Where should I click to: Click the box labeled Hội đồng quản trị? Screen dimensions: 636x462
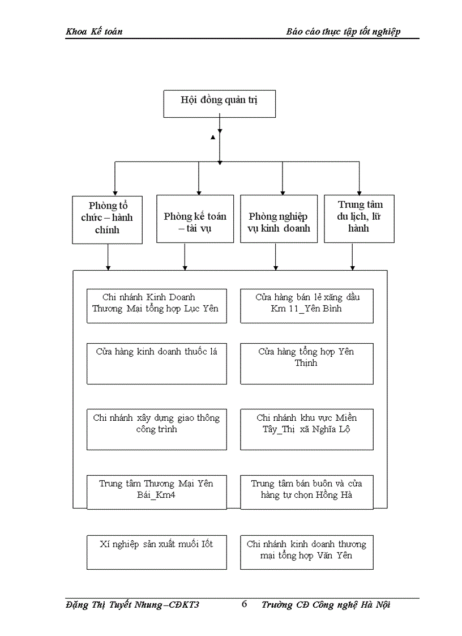tap(220, 103)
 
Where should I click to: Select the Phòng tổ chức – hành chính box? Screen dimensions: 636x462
tap(107, 219)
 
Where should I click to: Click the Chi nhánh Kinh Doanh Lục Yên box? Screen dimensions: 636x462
tap(156, 306)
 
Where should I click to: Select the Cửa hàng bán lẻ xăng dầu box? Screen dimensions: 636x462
tap(306, 306)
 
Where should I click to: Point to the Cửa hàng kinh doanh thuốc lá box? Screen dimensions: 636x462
tap(156, 363)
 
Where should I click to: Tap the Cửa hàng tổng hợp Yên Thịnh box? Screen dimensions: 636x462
tap(306, 363)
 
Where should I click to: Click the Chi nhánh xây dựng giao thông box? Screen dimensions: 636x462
tap(156, 429)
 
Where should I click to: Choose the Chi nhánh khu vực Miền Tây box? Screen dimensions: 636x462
tap(306, 429)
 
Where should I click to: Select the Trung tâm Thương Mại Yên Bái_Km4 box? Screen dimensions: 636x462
tap(156, 492)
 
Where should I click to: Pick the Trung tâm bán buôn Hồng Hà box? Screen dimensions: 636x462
tap(306, 492)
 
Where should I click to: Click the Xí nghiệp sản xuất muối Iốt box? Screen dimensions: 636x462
tap(156, 552)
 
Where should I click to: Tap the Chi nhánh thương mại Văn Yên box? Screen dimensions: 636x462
tap(306, 552)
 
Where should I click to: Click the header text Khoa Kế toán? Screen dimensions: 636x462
tap(94, 32)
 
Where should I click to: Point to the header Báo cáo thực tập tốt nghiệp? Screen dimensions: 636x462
tap(343, 32)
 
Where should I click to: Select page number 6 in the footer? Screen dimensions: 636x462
tap(245, 604)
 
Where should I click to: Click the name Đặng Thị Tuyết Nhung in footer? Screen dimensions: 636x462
tap(114, 605)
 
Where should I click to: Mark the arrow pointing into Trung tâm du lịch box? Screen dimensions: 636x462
tap(359, 191)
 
